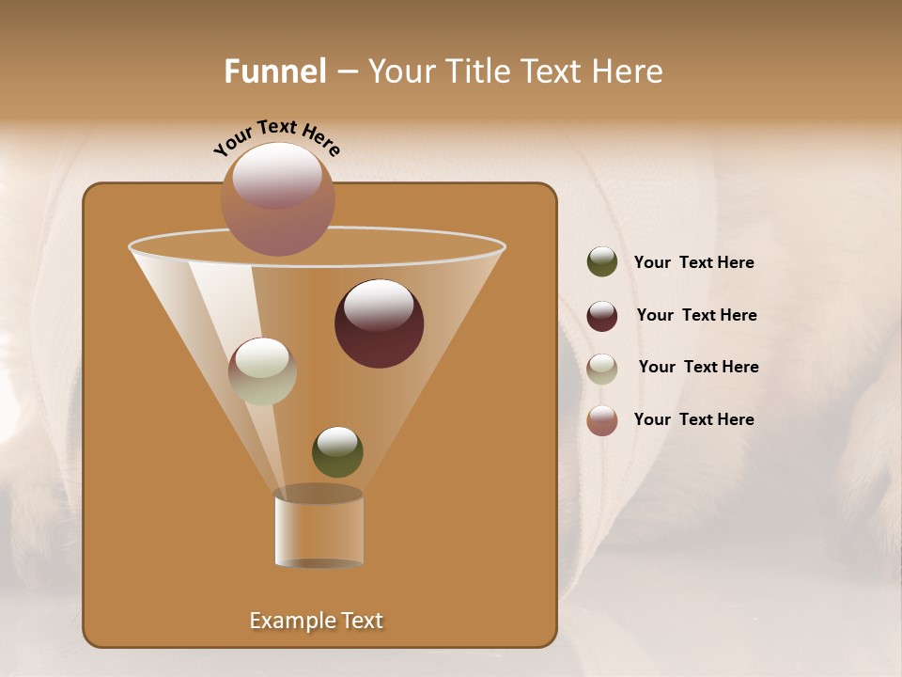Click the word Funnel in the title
(274, 71)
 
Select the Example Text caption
(316, 621)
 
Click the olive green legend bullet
(602, 262)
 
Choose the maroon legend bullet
(602, 316)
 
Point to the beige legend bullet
(602, 369)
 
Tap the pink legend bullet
(602, 420)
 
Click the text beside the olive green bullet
(693, 263)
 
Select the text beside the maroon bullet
(696, 316)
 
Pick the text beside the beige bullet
(698, 368)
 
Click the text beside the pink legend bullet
(693, 419)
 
